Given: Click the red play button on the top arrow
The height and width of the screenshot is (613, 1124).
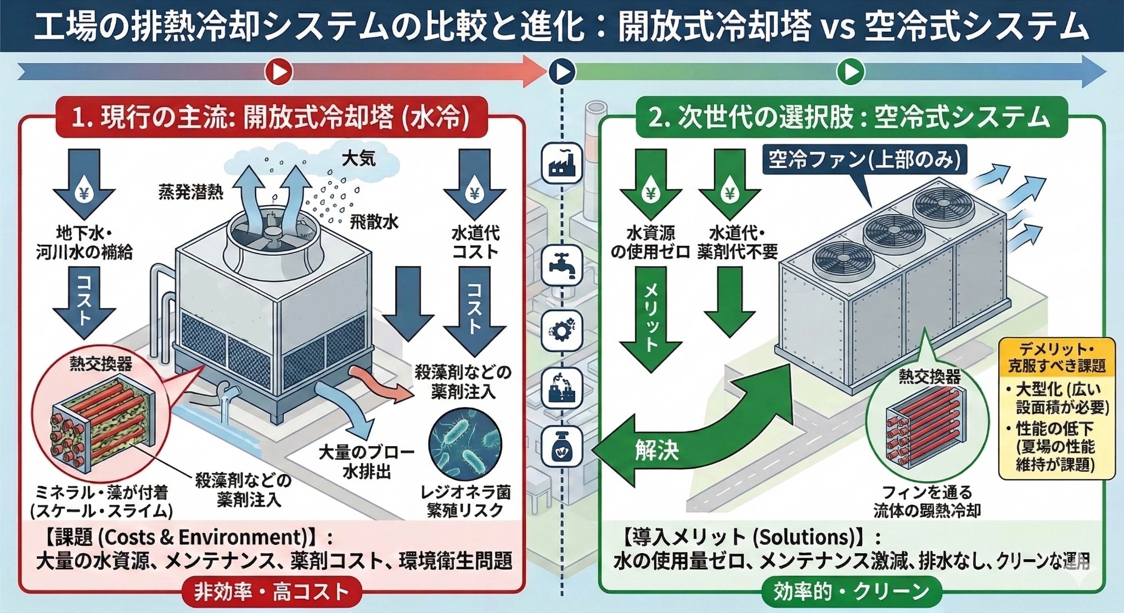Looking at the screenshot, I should (x=279, y=71).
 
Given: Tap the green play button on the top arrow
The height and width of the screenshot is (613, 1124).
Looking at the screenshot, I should (x=850, y=71).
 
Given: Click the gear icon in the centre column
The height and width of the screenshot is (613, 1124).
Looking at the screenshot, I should (x=561, y=330).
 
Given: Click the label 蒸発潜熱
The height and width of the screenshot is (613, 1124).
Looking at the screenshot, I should (x=190, y=192).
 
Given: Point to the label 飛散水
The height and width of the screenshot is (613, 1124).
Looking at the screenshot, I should (x=374, y=222).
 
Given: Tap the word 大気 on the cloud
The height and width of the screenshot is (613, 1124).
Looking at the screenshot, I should (x=358, y=159).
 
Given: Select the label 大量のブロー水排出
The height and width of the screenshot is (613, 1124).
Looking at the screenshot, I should (x=366, y=462).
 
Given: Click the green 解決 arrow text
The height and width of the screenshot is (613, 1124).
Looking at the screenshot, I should (x=657, y=451).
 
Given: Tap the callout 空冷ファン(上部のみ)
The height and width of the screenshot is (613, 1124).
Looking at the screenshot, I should (x=864, y=160).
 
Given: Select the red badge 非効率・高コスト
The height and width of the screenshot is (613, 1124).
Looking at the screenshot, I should (x=271, y=592).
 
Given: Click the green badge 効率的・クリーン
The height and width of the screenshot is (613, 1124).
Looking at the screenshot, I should (x=851, y=592).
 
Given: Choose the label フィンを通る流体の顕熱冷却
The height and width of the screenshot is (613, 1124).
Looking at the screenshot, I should (x=926, y=501).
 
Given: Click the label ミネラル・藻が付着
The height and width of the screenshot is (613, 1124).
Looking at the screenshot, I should (x=102, y=492).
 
